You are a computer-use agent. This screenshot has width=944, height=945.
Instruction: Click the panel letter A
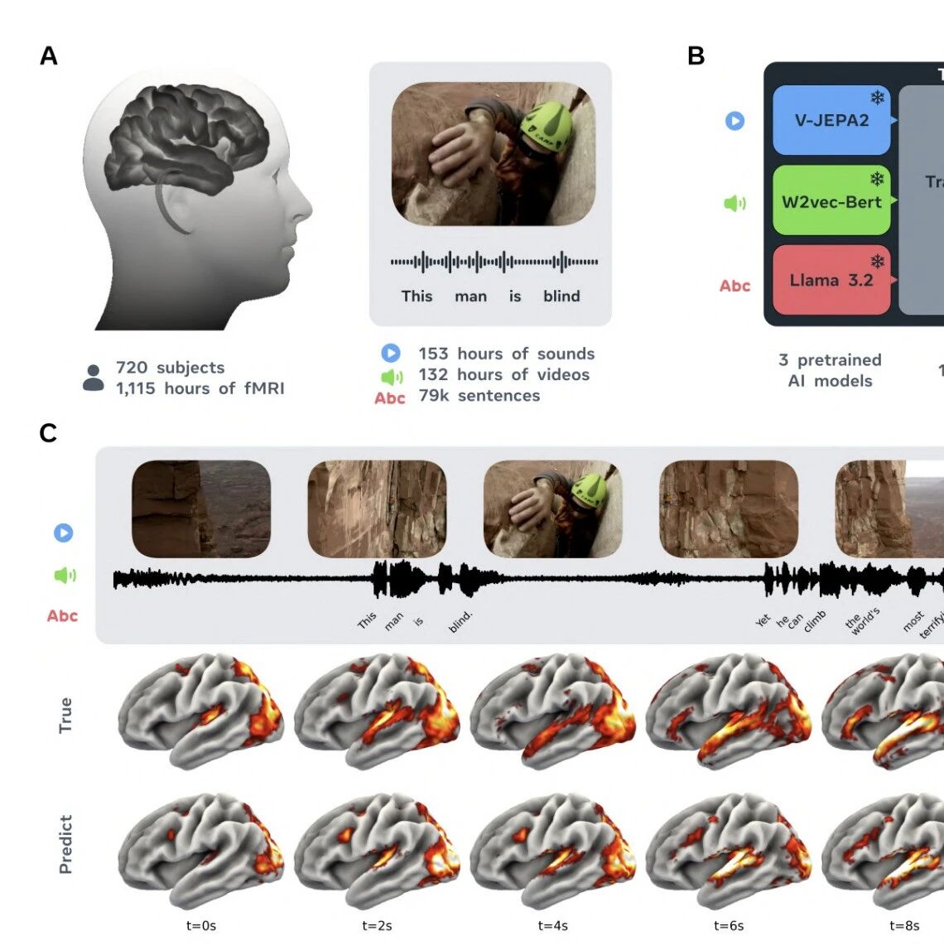(x=49, y=56)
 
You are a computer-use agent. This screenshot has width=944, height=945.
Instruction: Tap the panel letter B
(x=696, y=56)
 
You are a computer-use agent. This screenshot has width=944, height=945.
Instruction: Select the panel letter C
(x=48, y=433)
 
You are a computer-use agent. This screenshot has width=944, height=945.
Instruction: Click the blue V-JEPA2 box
(x=831, y=121)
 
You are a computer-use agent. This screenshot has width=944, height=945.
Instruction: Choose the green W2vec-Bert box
(x=831, y=201)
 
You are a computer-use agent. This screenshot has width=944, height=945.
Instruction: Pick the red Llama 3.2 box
(x=831, y=280)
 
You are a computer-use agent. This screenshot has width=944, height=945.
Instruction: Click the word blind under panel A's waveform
(x=561, y=297)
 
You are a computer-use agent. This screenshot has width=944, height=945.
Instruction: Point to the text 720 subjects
(x=170, y=368)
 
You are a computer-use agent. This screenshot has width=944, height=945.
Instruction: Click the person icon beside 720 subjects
(x=94, y=378)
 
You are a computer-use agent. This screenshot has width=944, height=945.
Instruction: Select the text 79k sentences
(x=479, y=396)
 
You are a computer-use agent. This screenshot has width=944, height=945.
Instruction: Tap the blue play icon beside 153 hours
(x=391, y=354)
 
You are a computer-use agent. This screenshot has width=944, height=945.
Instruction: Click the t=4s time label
(x=552, y=926)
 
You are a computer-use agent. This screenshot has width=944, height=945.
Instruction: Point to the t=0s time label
(x=201, y=926)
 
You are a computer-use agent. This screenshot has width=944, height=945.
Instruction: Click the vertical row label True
(x=65, y=715)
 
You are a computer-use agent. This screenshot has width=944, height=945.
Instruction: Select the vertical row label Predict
(x=65, y=844)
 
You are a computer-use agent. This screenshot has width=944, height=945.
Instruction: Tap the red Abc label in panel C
(x=62, y=616)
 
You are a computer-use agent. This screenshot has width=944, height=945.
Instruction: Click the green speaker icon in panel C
(x=64, y=575)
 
